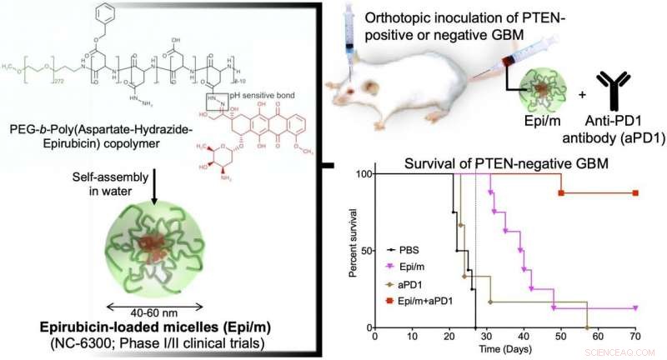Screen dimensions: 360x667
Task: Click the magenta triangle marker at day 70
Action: tap(635, 307)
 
